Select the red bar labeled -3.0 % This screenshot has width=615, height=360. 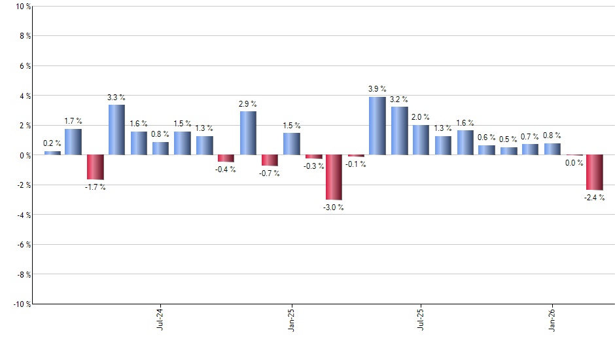[334, 177]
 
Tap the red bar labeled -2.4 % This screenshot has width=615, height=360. [595, 172]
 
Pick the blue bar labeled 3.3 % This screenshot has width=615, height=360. [116, 130]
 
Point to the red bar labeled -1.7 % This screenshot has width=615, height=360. [95, 167]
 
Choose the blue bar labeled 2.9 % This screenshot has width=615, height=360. [248, 133]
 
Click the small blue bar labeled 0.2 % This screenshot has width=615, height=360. [52, 153]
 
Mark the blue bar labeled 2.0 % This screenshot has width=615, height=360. [421, 140]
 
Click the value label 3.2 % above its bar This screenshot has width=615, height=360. [398, 99]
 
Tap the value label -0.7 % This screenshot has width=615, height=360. [270, 173]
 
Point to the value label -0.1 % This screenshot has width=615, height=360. [356, 164]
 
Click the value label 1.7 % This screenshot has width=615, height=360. [73, 121]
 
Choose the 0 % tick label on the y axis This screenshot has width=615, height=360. [24, 156]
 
